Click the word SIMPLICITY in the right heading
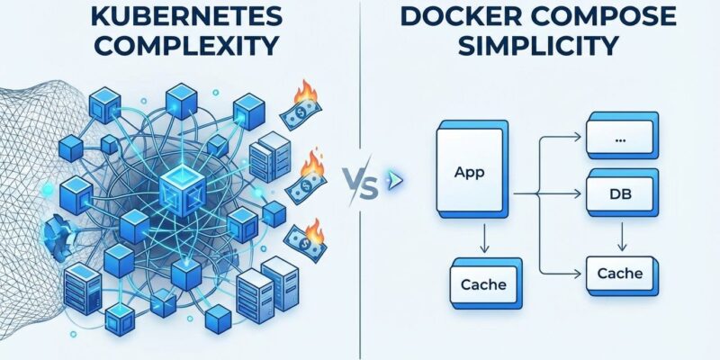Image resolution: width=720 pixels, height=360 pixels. pyautogui.click(x=538, y=46)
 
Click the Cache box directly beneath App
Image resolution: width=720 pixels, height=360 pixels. pyautogui.click(x=483, y=285)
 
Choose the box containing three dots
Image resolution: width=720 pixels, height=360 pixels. pyautogui.click(x=618, y=138)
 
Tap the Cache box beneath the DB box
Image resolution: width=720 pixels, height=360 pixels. pyautogui.click(x=618, y=273)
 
